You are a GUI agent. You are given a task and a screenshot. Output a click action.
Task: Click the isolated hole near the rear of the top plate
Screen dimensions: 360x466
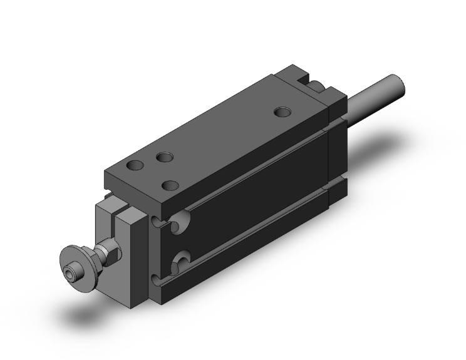[x=284, y=113]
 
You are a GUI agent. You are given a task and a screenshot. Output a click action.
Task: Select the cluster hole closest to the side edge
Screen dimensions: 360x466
[x=168, y=185]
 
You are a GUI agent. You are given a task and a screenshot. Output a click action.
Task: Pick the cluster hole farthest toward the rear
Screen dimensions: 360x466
[x=166, y=157]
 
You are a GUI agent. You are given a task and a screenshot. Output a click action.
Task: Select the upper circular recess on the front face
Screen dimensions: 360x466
[x=179, y=222]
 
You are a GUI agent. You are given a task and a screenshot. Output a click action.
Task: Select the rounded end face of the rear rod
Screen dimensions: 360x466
[x=394, y=83]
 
